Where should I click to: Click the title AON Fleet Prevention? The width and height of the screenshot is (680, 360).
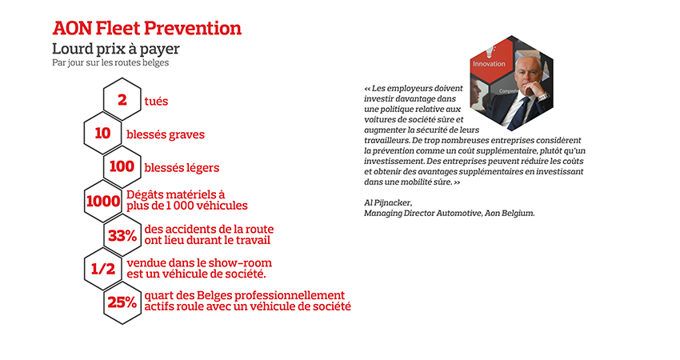tap(146, 28)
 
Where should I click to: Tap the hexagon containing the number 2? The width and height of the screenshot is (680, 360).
tap(122, 100)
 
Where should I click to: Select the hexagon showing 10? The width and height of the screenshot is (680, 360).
tap(102, 134)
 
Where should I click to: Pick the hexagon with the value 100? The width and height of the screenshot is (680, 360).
tap(122, 167)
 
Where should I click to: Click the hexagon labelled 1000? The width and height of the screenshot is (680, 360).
tap(102, 201)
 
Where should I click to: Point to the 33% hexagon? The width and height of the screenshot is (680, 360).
tap(122, 235)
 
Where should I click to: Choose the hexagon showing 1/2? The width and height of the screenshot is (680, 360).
tap(102, 269)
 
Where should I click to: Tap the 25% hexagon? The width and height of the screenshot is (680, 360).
tap(122, 302)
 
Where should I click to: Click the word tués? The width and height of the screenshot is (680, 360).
tap(157, 101)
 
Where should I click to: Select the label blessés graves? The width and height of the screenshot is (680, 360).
tap(166, 134)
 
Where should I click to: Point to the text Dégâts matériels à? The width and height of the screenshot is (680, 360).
tap(176, 195)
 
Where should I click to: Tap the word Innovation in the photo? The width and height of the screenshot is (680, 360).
tap(490, 63)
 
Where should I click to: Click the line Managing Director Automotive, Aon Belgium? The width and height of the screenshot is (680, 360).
tap(449, 214)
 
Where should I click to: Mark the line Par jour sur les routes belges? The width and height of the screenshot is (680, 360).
tap(110, 62)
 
